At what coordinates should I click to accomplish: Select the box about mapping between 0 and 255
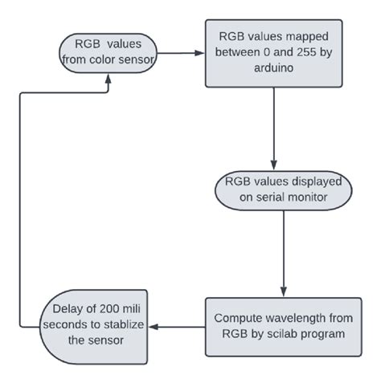274,55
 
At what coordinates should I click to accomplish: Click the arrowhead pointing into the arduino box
199,55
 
